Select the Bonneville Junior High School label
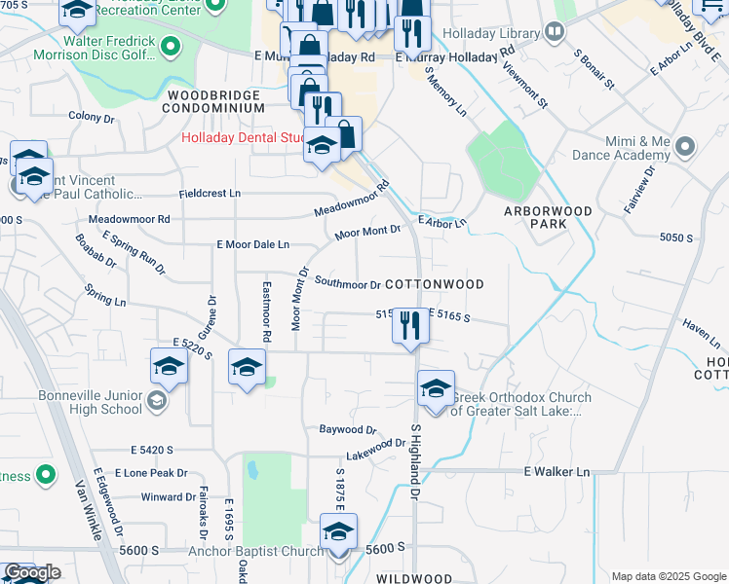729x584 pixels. coord(90,402)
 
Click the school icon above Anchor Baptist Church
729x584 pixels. coord(338,533)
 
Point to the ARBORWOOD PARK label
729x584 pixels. coord(548,217)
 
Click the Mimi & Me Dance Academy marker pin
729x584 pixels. coord(685,148)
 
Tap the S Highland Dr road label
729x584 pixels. coord(414,464)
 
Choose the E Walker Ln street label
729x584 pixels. coord(556,472)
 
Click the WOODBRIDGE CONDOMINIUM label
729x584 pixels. coord(215,102)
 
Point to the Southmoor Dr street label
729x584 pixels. coord(348,285)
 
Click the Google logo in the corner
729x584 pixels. coord(31,572)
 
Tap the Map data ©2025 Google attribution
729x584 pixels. coord(668,576)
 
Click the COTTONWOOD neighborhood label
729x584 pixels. coord(435,284)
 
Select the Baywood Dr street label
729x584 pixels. coord(348,429)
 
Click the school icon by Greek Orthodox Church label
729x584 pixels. coord(436,388)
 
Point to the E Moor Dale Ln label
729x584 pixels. coord(252,244)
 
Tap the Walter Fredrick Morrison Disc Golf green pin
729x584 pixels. coord(172,45)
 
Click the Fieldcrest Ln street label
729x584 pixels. coord(210,194)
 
